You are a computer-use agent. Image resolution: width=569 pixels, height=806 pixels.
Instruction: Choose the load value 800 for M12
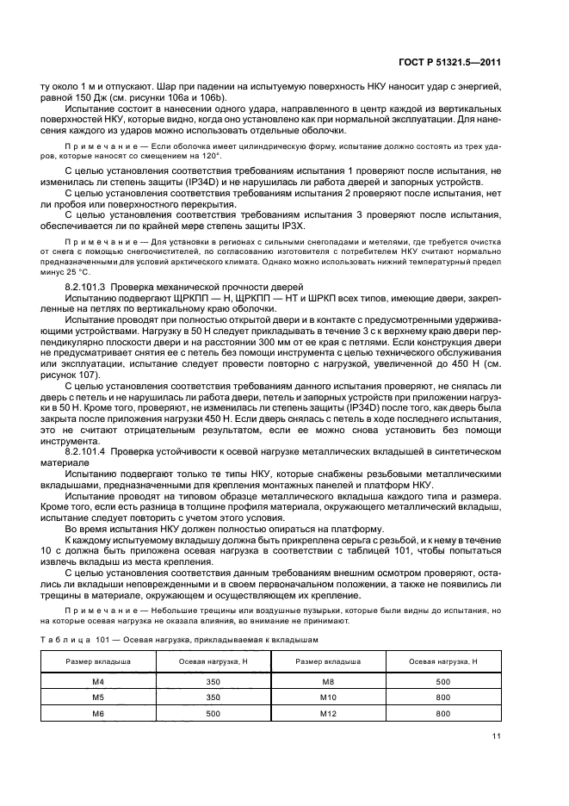[x=442, y=713]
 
